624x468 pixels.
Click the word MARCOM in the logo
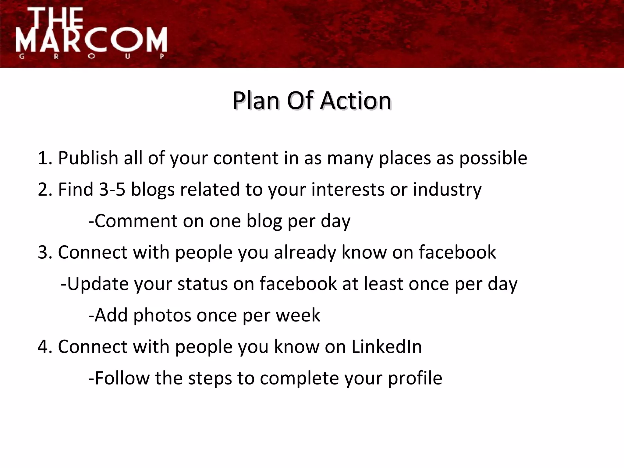point(91,40)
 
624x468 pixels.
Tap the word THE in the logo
point(58,18)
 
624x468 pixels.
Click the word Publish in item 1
point(88,158)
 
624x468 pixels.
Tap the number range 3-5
point(112,190)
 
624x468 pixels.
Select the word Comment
point(135,221)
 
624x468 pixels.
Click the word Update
point(97,284)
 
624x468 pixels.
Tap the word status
point(202,284)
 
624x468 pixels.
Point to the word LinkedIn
point(386,347)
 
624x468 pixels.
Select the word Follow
point(122,378)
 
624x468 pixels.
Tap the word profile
point(415,378)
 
